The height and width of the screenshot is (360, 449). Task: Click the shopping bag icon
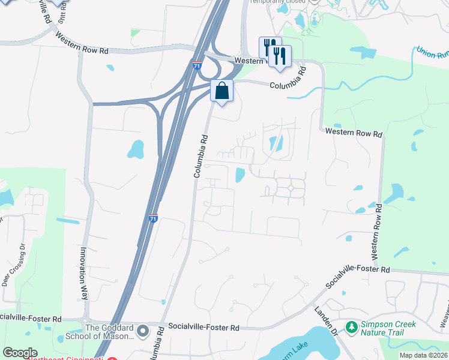point(221,91)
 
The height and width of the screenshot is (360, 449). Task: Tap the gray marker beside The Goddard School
point(143,331)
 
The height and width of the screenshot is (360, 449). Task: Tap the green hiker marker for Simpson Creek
point(352,328)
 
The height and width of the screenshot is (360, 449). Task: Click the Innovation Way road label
point(84,274)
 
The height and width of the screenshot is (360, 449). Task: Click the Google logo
point(20,353)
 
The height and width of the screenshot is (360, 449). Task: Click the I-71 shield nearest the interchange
point(197,65)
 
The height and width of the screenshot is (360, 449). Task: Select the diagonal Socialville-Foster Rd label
point(358,275)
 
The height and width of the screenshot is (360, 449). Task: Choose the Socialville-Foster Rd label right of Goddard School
point(204,328)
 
